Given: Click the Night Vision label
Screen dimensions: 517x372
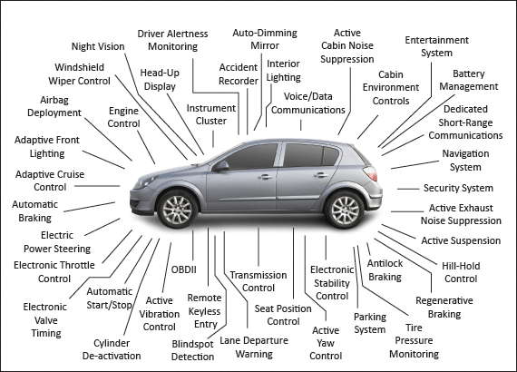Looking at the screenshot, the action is click(98, 46).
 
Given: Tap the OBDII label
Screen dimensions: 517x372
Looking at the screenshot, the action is click(183, 269).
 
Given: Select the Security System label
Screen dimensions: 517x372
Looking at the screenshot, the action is click(458, 188).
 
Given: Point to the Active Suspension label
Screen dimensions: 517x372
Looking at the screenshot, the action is click(461, 240).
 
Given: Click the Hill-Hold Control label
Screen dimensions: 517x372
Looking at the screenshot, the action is click(461, 272).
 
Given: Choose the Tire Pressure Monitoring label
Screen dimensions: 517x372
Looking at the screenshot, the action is click(415, 340).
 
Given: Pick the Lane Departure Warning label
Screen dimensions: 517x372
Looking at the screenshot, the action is click(254, 347).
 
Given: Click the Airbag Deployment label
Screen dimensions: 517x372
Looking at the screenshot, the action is click(54, 106).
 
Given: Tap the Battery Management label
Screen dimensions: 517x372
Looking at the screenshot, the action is click(469, 80).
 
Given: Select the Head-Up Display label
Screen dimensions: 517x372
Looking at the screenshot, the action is click(160, 80).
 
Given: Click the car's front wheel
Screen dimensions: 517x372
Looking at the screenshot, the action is click(177, 210).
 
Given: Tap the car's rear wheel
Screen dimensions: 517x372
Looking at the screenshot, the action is click(345, 210).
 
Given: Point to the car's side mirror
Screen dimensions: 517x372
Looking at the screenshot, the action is click(221, 166).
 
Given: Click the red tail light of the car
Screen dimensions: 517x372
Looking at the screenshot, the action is click(371, 173).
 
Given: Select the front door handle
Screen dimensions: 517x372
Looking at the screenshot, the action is click(266, 177).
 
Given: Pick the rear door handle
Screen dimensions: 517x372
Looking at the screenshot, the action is click(320, 175).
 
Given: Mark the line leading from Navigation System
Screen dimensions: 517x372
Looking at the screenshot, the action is click(415, 165).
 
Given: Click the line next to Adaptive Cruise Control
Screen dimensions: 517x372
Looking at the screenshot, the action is click(97, 186).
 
